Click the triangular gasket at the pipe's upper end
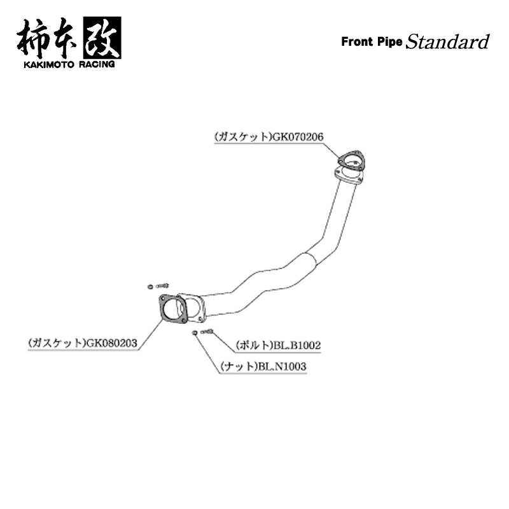click(x=351, y=162)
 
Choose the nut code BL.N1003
click(x=282, y=366)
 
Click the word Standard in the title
click(x=448, y=43)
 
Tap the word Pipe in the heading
click(x=389, y=43)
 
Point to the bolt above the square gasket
click(x=161, y=285)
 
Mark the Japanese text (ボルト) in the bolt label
click(x=254, y=345)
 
